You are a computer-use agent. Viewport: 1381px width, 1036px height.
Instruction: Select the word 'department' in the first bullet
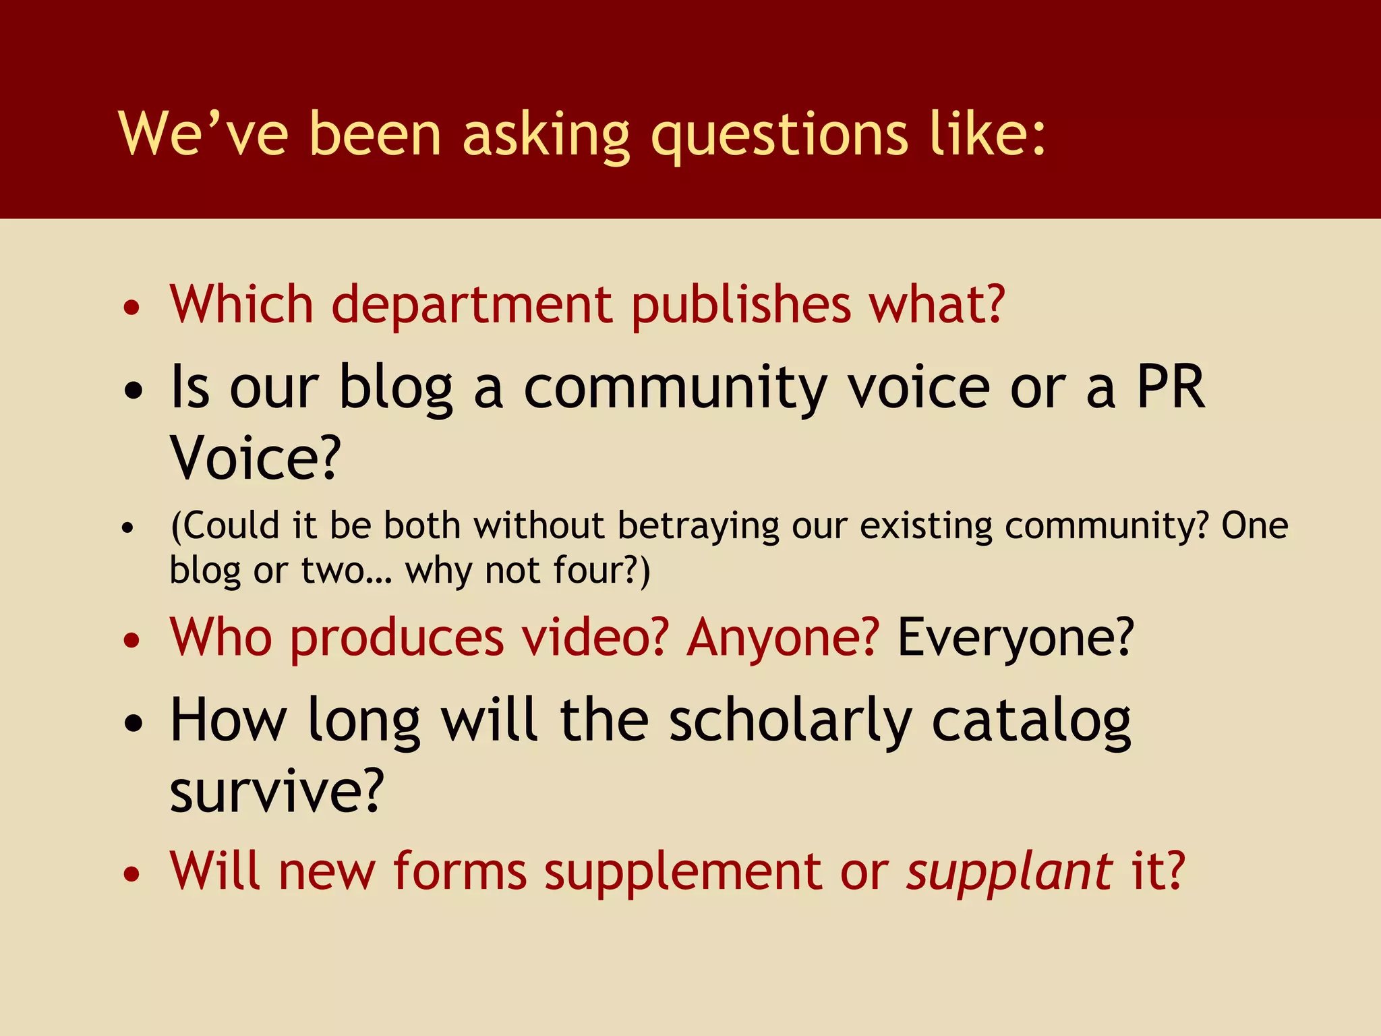click(472, 305)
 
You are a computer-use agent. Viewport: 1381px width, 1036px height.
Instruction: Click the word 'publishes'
click(741, 305)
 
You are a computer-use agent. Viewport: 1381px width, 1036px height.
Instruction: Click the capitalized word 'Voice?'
click(256, 458)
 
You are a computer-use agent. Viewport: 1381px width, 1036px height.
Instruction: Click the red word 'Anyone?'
click(783, 637)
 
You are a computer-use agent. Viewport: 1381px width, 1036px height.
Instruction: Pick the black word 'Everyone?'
click(1016, 637)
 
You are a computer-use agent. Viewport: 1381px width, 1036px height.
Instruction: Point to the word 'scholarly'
click(791, 721)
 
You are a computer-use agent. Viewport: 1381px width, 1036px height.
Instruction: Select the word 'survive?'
click(276, 790)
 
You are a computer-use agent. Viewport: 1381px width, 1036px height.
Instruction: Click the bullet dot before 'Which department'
click(132, 308)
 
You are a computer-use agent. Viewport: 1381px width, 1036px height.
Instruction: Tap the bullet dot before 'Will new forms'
click(132, 875)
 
